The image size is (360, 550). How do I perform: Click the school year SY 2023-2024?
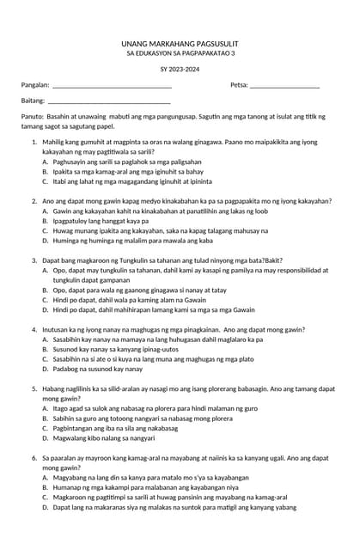pos(180,68)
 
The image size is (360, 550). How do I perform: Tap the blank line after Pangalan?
pos(112,86)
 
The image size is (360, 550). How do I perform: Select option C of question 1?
pos(127,181)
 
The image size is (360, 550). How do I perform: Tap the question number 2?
pos(34,201)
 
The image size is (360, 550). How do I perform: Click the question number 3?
pos(34,260)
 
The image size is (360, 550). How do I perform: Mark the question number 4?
pos(34,329)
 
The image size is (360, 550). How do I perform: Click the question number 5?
pos(34,388)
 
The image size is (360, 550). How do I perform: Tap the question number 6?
pos(34,458)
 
